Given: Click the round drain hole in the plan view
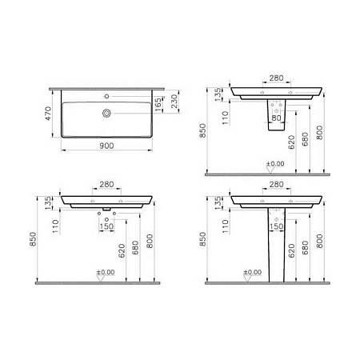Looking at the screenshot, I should (x=105, y=114).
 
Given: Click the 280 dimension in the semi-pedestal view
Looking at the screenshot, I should (x=276, y=78).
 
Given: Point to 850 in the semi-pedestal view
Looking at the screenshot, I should (x=202, y=130).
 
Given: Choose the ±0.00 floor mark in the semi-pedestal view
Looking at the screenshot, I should (x=275, y=164).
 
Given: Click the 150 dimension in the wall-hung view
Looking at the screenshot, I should (x=107, y=226).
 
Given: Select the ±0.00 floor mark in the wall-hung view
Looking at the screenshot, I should (x=106, y=272).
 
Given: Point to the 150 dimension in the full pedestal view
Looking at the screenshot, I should (x=276, y=226).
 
